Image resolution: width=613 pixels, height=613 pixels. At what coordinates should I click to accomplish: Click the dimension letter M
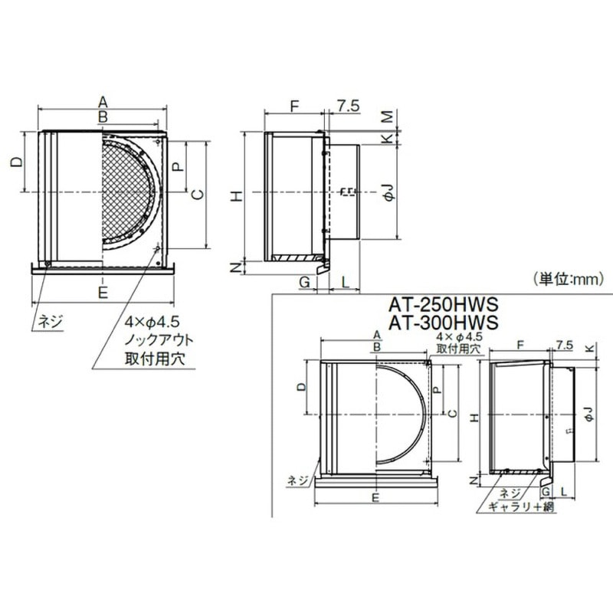[388, 116]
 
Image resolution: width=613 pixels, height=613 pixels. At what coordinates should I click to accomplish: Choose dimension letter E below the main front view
[102, 291]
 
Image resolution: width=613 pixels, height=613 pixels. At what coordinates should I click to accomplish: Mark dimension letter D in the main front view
[15, 162]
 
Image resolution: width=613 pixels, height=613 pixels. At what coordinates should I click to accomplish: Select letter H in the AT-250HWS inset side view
[474, 418]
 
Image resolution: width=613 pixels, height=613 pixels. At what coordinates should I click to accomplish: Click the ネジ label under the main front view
[51, 320]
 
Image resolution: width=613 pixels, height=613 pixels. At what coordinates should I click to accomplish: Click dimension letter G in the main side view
[305, 283]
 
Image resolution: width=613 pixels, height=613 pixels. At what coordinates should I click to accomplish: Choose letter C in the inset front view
[451, 414]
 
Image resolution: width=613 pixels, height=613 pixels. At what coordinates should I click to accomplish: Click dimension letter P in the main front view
[177, 166]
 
